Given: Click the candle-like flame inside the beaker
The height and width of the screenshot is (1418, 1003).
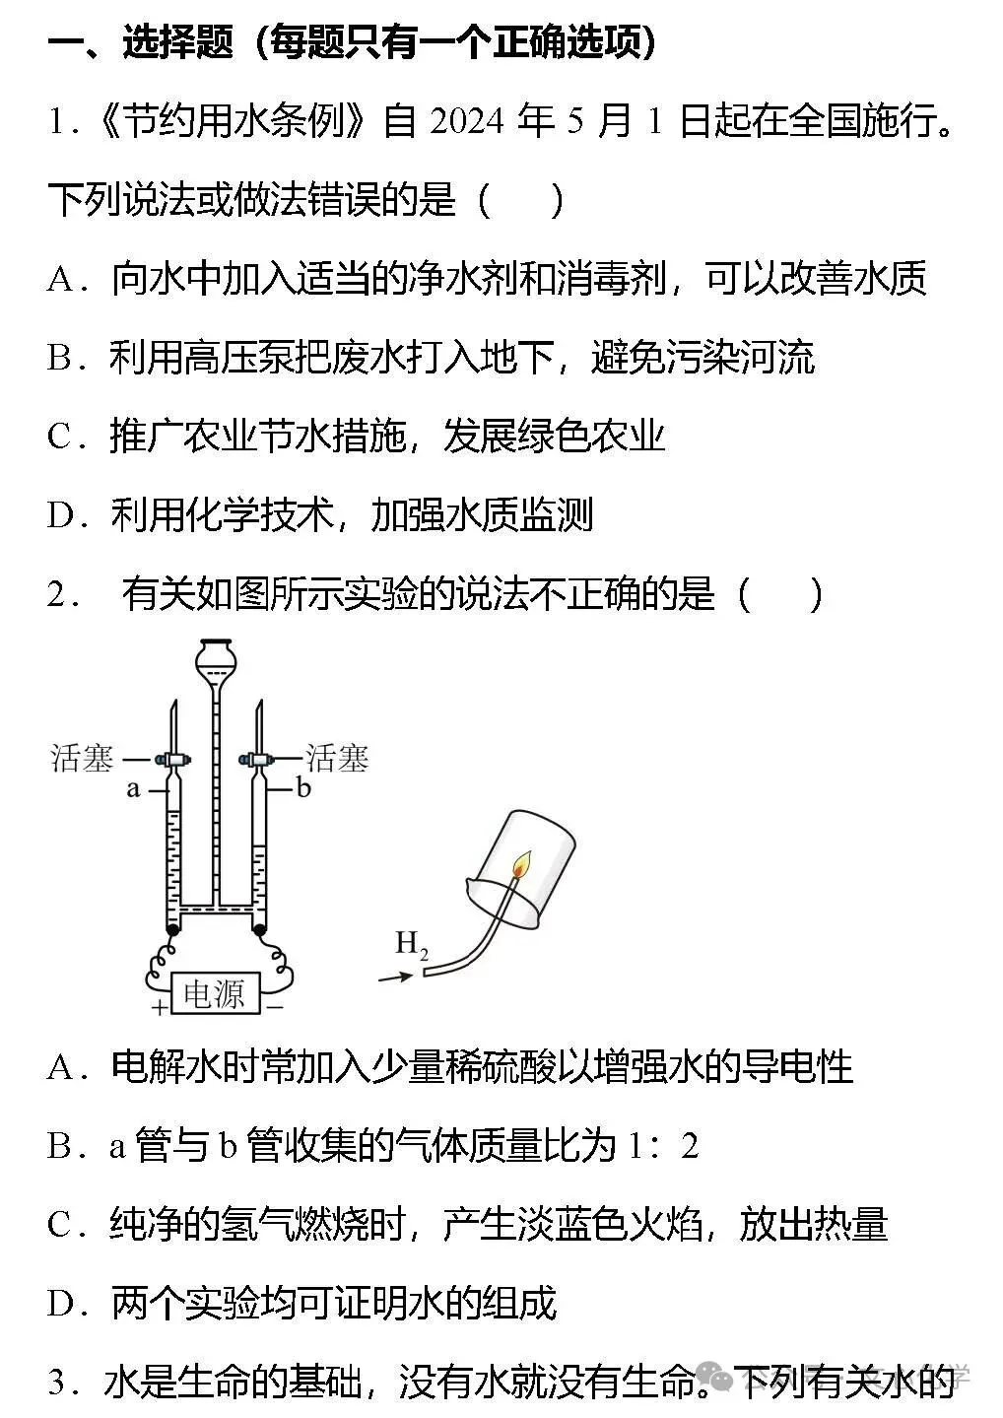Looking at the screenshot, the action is click(521, 865).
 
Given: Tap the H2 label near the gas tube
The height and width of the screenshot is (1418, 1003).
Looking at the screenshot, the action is click(412, 944).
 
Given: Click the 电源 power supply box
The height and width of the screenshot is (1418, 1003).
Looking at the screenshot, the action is click(213, 993).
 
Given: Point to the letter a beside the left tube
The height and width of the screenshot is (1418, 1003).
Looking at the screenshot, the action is click(133, 788).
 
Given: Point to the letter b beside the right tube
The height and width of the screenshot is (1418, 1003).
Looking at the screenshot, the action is click(303, 787).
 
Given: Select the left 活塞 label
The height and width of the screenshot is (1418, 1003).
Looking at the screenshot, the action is click(82, 758).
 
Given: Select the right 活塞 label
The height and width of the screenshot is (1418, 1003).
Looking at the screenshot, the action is click(337, 758).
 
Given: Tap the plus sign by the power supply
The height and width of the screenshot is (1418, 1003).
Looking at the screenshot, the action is click(160, 1007).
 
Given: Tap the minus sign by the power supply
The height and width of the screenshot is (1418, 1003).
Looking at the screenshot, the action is click(275, 1006).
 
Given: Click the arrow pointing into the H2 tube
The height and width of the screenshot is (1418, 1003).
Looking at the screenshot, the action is click(395, 978).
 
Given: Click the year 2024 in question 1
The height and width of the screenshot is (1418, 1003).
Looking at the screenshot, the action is click(467, 120).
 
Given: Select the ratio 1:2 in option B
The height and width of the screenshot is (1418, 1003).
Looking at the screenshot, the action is click(663, 1145).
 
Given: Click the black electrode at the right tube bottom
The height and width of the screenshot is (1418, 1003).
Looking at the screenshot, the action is click(259, 929).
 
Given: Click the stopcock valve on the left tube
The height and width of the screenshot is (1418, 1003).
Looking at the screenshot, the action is click(171, 759).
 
